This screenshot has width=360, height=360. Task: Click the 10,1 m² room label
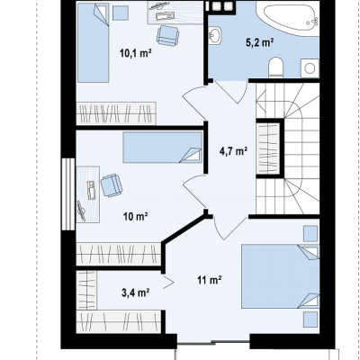tap(135, 54)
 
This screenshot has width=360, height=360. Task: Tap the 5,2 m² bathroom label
tap(260, 42)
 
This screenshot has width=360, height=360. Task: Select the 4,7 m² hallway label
tap(233, 151)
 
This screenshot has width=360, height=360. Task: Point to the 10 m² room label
tap(136, 216)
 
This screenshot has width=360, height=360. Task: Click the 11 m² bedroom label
tap(210, 281)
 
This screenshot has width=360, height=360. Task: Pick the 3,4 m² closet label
tap(136, 292)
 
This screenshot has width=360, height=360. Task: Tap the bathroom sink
tap(214, 35)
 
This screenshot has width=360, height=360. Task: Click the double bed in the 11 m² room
tap(281, 276)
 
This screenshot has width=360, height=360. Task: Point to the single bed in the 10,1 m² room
tap(93, 43)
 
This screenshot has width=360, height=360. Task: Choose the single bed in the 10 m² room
tap(163, 148)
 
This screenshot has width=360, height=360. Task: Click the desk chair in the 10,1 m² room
tap(168, 35)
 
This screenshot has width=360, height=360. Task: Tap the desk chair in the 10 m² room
tap(112, 185)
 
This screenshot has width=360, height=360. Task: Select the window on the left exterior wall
tap(68, 194)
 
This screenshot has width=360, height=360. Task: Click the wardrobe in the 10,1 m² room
tap(116, 113)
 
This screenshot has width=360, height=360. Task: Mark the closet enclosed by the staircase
tap(268, 148)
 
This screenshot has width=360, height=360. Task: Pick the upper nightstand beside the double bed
tap(310, 234)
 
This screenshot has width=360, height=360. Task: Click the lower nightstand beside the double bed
tap(310, 319)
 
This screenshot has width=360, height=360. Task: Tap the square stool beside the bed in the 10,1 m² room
tap(121, 13)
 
